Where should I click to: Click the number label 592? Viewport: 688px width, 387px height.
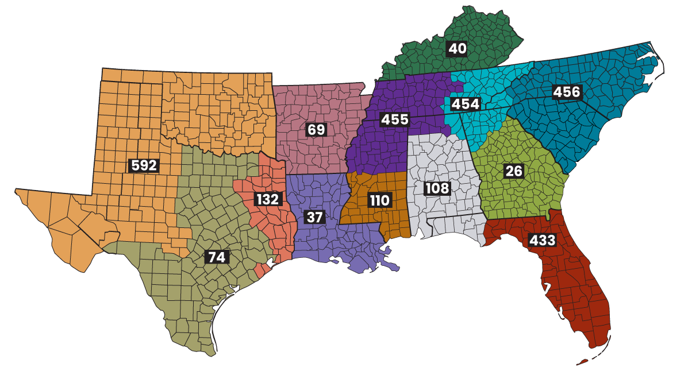coord(144,165)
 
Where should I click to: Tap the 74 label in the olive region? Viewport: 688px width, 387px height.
coord(217,257)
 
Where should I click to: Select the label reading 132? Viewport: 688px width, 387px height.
coord(267,199)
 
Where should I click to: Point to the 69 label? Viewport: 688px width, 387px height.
coord(316,129)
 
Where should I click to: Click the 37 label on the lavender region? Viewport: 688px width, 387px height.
coord(315,217)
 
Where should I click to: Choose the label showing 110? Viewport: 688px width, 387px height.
coord(379,200)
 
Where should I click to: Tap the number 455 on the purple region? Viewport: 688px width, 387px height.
coord(395,119)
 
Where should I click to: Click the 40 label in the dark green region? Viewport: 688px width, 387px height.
coord(457,49)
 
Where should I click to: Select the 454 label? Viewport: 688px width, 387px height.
coord(466,104)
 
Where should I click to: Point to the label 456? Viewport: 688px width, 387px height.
coord(567,92)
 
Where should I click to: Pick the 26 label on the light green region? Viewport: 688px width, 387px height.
coord(513,171)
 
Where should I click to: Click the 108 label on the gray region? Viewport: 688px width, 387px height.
coord(437,188)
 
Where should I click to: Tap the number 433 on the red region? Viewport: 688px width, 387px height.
coord(543,240)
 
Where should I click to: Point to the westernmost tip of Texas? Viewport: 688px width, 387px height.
coord(17,191)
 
